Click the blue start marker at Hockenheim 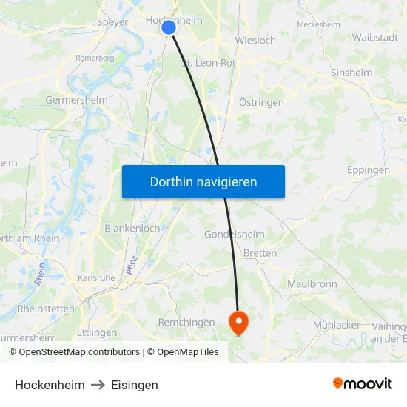[x=169, y=27]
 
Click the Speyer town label [x=112, y=22]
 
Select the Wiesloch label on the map [x=255, y=40]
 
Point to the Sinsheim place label [x=351, y=73]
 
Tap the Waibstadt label [x=374, y=37]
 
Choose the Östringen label [x=261, y=102]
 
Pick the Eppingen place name [x=368, y=169]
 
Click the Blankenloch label [x=132, y=228]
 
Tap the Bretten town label [x=260, y=253]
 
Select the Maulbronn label [x=312, y=283]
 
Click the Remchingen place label [x=186, y=322]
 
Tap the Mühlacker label [x=337, y=324]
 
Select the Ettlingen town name [x=97, y=332]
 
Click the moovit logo [x=363, y=383]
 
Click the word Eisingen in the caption [x=134, y=385]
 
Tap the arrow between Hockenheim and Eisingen [x=98, y=385]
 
